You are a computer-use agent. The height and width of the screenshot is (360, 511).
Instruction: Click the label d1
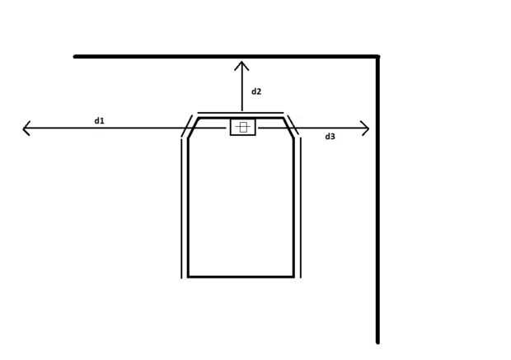[99, 121]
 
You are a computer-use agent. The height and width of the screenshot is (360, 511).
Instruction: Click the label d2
[256, 91]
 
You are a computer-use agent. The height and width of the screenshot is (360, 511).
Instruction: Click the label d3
[330, 136]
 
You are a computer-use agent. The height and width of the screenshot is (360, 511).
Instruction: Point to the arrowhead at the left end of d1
[25, 128]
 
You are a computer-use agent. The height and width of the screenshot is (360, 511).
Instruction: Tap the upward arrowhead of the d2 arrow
[241, 63]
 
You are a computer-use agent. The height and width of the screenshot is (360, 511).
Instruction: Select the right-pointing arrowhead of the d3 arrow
[367, 128]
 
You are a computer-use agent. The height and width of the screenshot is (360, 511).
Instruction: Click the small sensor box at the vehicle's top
[242, 127]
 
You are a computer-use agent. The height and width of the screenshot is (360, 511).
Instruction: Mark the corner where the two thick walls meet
[377, 57]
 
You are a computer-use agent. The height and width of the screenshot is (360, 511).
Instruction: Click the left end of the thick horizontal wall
[76, 57]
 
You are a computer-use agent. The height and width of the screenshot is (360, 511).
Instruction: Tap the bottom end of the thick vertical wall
[377, 340]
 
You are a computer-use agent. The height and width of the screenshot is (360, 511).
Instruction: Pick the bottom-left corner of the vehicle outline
[188, 277]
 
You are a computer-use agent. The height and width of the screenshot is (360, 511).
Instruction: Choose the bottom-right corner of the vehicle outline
[293, 277]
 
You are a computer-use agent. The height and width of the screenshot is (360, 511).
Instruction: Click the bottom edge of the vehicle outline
[241, 277]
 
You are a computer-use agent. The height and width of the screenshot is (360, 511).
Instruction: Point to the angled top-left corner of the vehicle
[193, 128]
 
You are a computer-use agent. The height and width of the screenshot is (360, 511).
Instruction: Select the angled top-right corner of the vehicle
[288, 128]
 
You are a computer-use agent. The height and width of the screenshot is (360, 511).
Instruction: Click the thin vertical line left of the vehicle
[182, 206]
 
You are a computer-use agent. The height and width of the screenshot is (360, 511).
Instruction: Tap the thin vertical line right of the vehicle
[300, 206]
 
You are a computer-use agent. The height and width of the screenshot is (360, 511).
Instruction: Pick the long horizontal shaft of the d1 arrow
[107, 128]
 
